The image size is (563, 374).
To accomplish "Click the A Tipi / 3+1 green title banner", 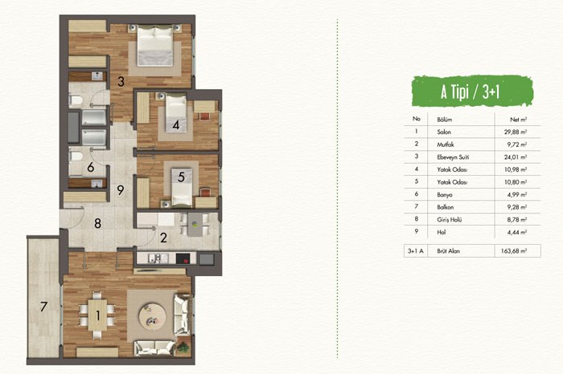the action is coord(472,91).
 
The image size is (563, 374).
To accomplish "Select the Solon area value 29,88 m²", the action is coord(516,132).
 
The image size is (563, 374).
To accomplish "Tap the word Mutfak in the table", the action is coord(446,144).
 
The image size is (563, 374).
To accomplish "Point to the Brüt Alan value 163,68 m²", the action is coord(514,250).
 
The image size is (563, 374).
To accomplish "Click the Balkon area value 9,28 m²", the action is coord(516,207).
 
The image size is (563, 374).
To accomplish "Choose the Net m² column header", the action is coord(518,120).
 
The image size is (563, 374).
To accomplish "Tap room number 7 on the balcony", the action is coord(43,307).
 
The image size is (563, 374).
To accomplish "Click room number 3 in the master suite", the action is coord(121,81).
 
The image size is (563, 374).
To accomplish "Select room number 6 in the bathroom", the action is coord(90,167).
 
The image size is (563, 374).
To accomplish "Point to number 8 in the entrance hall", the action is coord(97,224).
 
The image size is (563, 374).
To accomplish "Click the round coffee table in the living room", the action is coord(152,317).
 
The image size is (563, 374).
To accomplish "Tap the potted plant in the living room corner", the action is coord(183,348).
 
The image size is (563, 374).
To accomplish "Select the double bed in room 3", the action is coord(155,45).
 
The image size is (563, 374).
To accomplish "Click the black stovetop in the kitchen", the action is coord(183,258).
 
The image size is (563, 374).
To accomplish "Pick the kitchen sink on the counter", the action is coord(158,258).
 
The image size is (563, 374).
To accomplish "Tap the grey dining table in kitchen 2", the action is coord(195,225).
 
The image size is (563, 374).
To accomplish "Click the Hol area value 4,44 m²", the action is coord(516,232).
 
